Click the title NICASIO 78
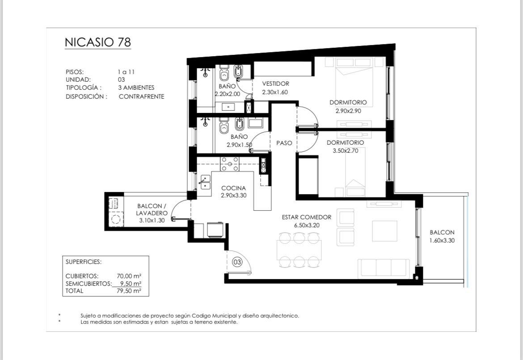98,42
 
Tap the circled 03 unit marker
237,262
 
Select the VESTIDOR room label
275,84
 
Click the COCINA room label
233,188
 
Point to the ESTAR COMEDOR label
307,218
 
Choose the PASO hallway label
284,143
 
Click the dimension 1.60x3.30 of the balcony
442,240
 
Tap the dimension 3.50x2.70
346,151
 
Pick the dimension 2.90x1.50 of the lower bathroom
239,145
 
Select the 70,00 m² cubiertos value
129,276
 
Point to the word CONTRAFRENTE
141,96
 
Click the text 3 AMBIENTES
136,88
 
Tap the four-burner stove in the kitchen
230,164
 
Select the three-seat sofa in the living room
384,268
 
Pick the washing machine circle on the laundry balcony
116,219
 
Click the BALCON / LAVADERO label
152,209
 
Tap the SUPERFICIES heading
84,262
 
